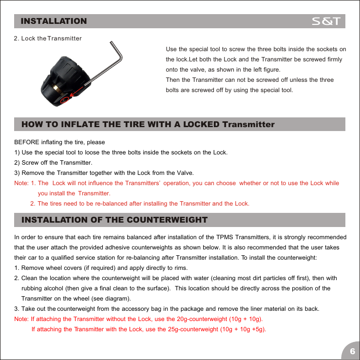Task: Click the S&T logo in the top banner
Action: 327,21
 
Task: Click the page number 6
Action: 352,351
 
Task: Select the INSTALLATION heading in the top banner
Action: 54,21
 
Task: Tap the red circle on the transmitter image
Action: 65,100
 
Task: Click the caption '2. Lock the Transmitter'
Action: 48,38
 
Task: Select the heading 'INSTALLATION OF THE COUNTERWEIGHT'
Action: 114,220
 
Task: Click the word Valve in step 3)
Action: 185,173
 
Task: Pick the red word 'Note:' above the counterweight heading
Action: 22,183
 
